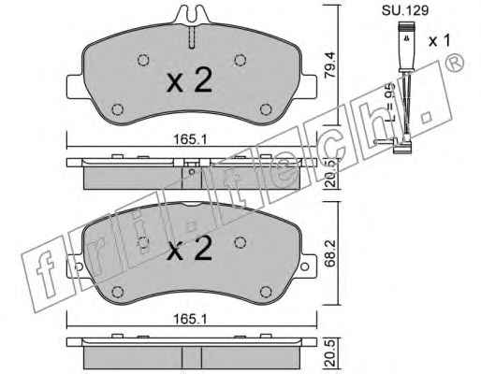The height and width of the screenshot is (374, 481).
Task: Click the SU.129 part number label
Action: (405, 10)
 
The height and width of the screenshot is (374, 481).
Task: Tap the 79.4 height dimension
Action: (330, 65)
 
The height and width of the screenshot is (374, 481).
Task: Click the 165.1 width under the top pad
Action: (190, 139)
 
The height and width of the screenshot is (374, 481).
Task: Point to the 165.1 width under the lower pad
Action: (190, 320)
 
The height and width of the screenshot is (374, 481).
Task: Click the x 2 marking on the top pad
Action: (190, 80)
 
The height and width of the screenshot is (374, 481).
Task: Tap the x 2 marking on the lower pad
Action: (190, 249)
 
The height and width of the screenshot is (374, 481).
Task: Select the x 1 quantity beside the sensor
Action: (440, 40)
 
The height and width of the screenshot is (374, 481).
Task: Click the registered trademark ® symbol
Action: (455, 63)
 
